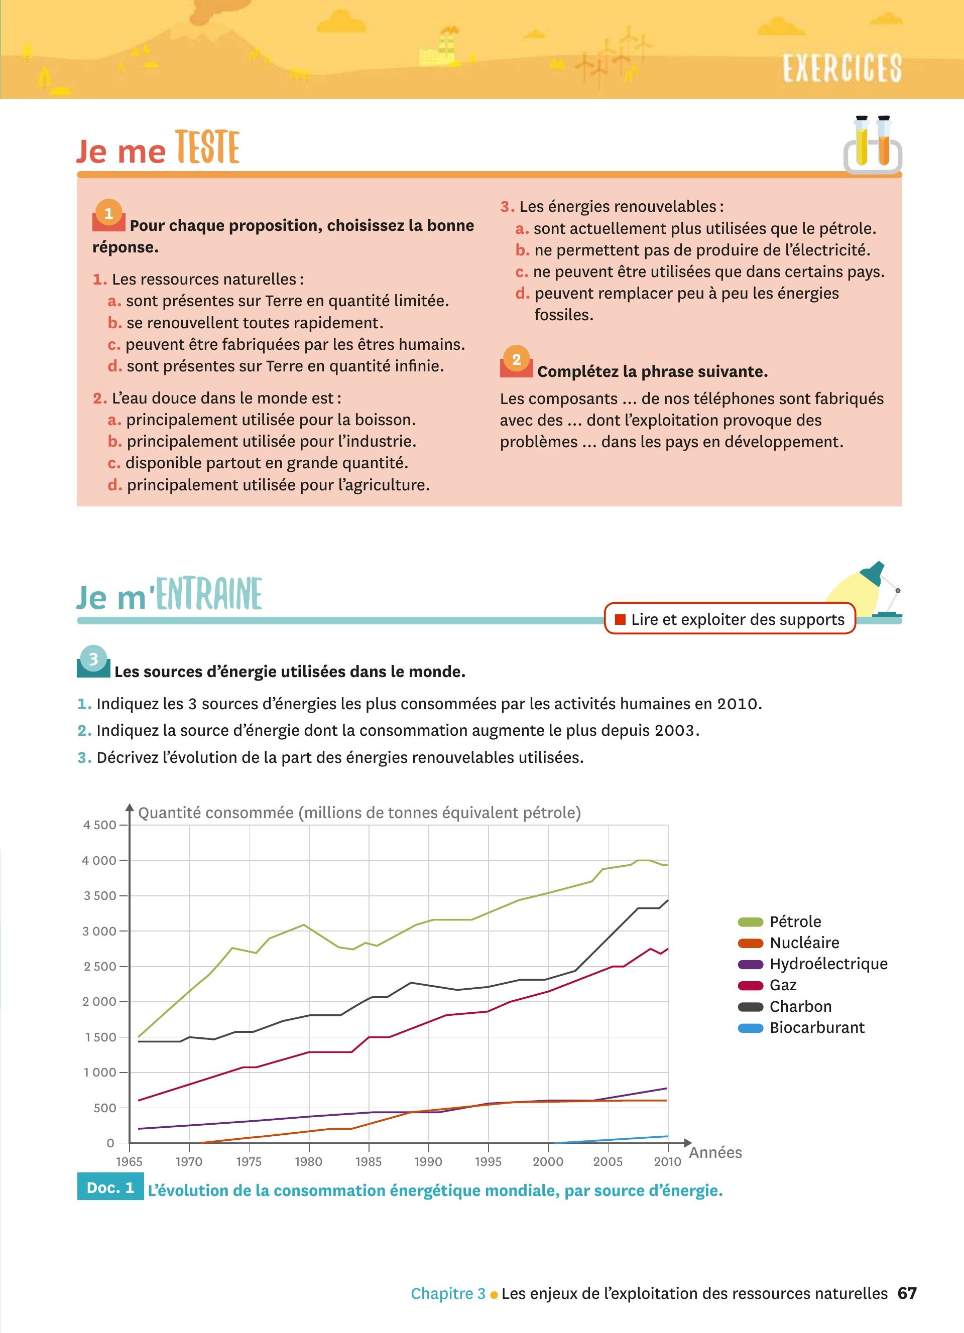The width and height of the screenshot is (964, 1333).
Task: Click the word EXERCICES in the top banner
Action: (x=841, y=68)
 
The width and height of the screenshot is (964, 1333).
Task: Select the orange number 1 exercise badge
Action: (x=109, y=214)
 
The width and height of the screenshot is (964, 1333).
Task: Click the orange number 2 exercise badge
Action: (x=516, y=360)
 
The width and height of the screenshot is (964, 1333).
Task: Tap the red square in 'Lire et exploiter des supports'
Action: (x=620, y=619)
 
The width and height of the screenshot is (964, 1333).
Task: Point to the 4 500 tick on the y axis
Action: (x=100, y=825)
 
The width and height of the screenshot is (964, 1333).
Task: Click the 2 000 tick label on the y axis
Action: (x=99, y=1002)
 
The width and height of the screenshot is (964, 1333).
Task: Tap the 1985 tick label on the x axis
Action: (x=369, y=1161)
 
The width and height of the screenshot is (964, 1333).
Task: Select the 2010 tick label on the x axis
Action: (x=667, y=1161)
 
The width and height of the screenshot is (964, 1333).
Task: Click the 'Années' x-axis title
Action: (x=715, y=1152)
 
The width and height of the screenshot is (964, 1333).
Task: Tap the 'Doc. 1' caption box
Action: (x=110, y=1188)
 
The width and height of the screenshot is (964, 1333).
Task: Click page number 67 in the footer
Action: (x=907, y=1293)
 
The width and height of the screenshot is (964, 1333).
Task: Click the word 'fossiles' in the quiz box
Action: (x=564, y=315)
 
